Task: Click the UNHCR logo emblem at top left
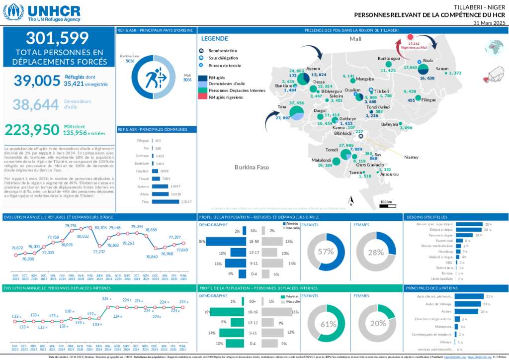(x=13, y=12)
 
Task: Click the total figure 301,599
(x=57, y=38)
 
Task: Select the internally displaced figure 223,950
(x=32, y=130)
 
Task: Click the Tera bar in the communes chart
(x=166, y=201)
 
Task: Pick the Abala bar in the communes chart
(x=160, y=194)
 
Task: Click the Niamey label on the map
(x=411, y=157)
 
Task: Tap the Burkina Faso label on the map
(x=252, y=167)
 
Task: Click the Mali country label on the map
(x=355, y=39)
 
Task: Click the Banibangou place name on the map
(x=389, y=59)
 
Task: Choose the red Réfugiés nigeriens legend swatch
(x=202, y=97)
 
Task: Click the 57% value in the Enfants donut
(x=326, y=252)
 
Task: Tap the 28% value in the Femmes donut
(x=376, y=252)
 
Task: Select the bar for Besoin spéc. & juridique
(x=469, y=224)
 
